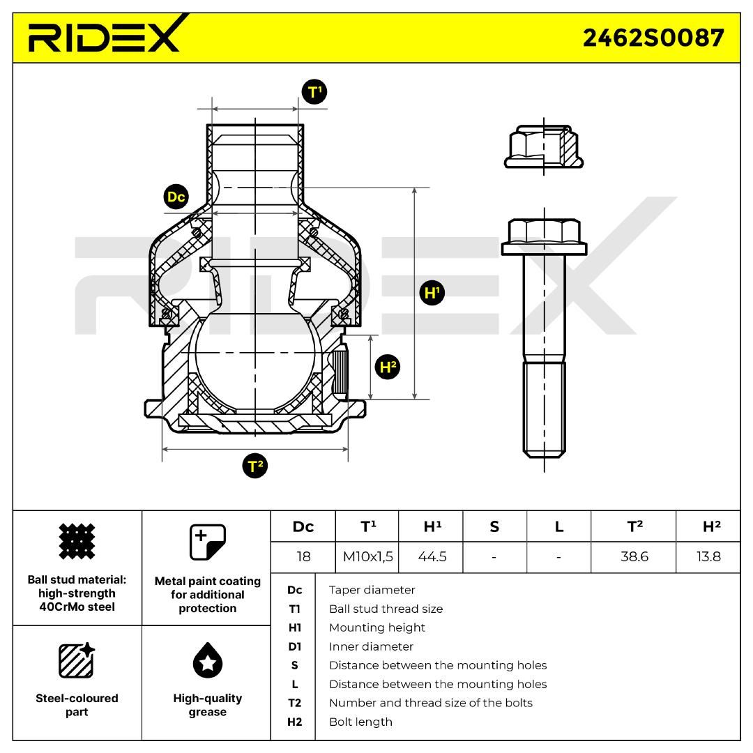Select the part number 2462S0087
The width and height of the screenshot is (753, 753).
[653, 38]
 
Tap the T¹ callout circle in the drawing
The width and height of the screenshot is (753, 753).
[314, 92]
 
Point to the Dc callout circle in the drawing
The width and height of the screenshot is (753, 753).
[176, 197]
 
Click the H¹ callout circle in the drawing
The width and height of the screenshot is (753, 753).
[432, 292]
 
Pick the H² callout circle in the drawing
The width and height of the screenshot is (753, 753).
[388, 367]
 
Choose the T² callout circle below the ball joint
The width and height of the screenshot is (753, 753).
[255, 466]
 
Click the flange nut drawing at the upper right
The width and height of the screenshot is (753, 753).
[544, 146]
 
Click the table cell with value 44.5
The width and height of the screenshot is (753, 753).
[432, 557]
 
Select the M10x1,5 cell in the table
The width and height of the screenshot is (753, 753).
[368, 557]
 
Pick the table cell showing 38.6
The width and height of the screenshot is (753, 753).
[634, 557]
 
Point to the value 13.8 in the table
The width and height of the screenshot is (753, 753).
[709, 557]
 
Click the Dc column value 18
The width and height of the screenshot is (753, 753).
[303, 557]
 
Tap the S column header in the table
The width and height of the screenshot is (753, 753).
[494, 527]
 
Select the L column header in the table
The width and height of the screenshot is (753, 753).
[559, 527]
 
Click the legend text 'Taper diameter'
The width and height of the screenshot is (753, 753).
[372, 590]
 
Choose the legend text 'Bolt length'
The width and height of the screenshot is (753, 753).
[360, 722]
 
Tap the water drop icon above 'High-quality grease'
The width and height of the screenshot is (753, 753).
[208, 660]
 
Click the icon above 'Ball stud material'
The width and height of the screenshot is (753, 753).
[77, 541]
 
